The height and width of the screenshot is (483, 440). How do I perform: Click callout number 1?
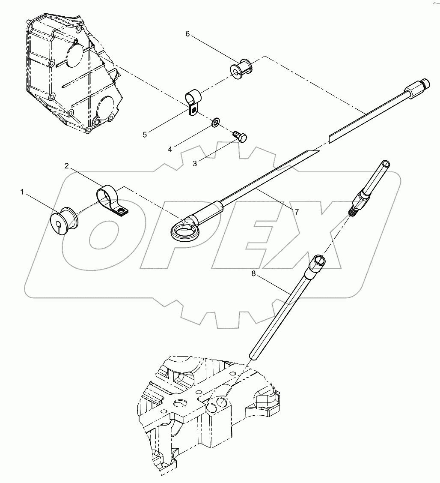[x=22, y=192]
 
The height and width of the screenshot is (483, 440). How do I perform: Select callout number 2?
[x=67, y=165]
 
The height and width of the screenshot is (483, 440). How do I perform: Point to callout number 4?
[x=170, y=149]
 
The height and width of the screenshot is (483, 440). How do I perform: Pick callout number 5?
[x=145, y=135]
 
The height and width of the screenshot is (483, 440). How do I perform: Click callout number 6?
[x=187, y=34]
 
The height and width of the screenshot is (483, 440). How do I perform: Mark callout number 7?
[x=296, y=212]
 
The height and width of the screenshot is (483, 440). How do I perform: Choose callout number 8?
[x=253, y=274]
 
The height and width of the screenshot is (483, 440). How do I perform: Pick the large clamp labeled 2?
[x=110, y=200]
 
